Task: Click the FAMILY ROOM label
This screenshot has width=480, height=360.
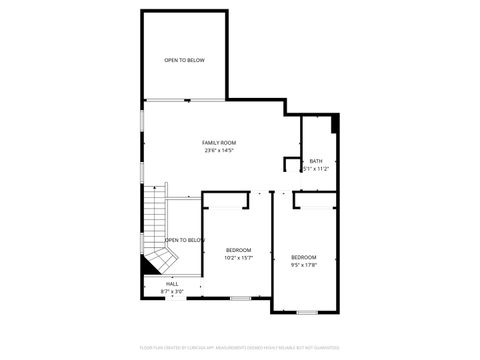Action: pos(219,143)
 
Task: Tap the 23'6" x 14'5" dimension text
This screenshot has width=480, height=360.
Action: pos(219,151)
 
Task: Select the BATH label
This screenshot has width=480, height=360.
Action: pos(316,161)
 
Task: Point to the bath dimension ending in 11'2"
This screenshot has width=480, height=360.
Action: pos(316,169)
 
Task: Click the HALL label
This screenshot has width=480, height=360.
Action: pos(172,284)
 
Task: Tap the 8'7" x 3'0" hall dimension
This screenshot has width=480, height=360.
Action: pos(172,292)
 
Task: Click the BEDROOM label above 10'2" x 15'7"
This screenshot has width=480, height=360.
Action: pos(238,249)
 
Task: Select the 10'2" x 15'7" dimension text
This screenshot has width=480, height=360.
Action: pos(238,257)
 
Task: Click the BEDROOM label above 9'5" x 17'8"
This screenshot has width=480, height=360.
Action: pos(304,257)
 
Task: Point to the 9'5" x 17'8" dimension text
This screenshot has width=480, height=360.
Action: pos(304,265)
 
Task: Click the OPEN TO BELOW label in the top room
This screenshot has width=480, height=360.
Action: pos(185,61)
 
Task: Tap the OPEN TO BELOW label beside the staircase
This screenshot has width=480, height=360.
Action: pos(185,240)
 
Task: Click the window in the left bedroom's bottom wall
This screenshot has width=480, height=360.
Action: pos(240,298)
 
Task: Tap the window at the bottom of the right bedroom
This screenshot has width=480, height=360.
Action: pos(308,312)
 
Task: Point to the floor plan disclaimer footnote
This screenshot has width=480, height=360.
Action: pos(239,347)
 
